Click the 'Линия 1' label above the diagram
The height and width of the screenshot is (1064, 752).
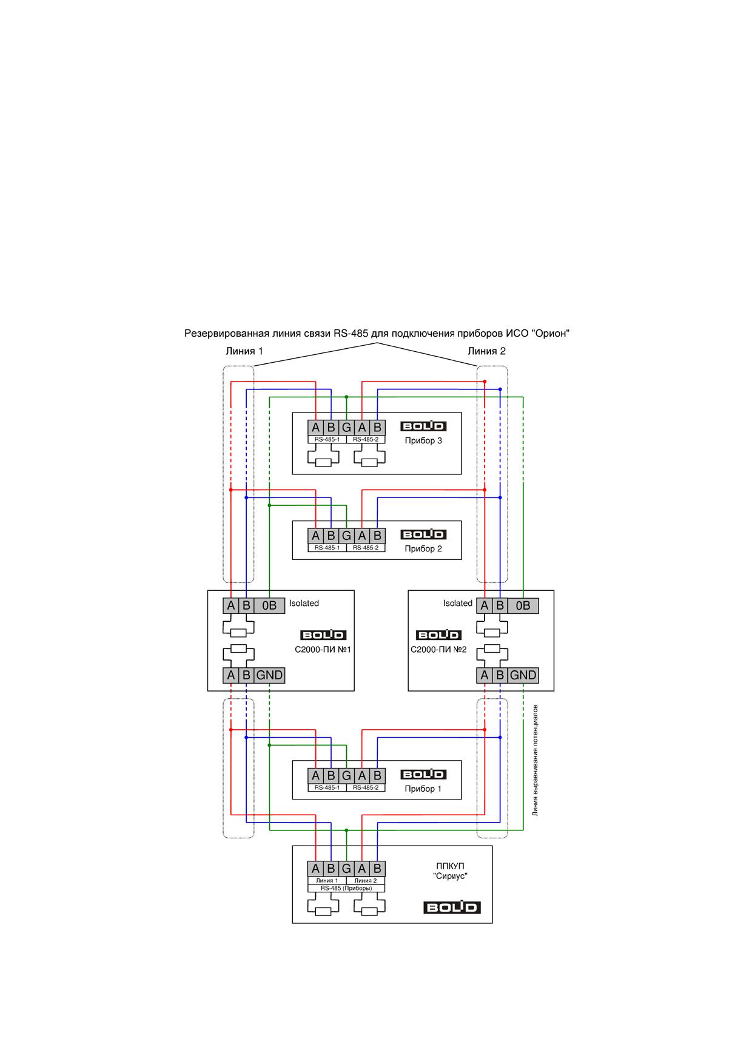coord(244,351)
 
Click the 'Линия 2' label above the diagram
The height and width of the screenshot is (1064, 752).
coord(486,351)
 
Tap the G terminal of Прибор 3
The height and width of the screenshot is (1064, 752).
coord(346,428)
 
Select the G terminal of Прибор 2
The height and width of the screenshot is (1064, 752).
coord(346,536)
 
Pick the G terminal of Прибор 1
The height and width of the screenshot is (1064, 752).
coord(346,775)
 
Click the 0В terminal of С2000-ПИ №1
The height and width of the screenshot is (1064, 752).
coord(269,605)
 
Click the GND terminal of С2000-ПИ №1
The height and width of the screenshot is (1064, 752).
coord(269,675)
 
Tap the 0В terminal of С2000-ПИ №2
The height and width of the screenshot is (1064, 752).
coord(523,605)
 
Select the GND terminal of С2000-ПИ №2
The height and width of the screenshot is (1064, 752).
coord(523,675)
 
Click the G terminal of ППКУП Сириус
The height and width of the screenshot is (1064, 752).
coord(346,869)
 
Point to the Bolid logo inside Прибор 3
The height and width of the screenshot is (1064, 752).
coord(423,426)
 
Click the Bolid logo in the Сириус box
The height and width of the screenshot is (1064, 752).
coord(452,907)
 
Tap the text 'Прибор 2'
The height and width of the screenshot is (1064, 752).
coord(423,549)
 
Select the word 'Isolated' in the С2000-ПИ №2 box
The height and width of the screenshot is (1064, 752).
coord(457,604)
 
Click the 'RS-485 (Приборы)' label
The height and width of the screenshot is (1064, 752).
coord(346,888)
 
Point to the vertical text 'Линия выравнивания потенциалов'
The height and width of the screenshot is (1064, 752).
coord(535,760)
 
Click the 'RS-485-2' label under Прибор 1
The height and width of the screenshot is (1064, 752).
coord(366,787)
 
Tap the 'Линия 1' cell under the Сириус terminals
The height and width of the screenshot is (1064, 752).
coord(327,880)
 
